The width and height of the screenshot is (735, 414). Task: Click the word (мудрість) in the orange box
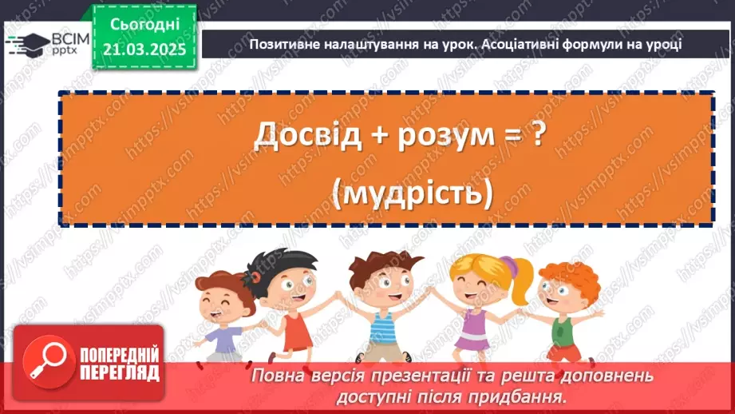click(385, 192)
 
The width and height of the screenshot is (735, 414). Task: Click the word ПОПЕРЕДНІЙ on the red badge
click(117, 354)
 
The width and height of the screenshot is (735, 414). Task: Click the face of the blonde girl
click(479, 279)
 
